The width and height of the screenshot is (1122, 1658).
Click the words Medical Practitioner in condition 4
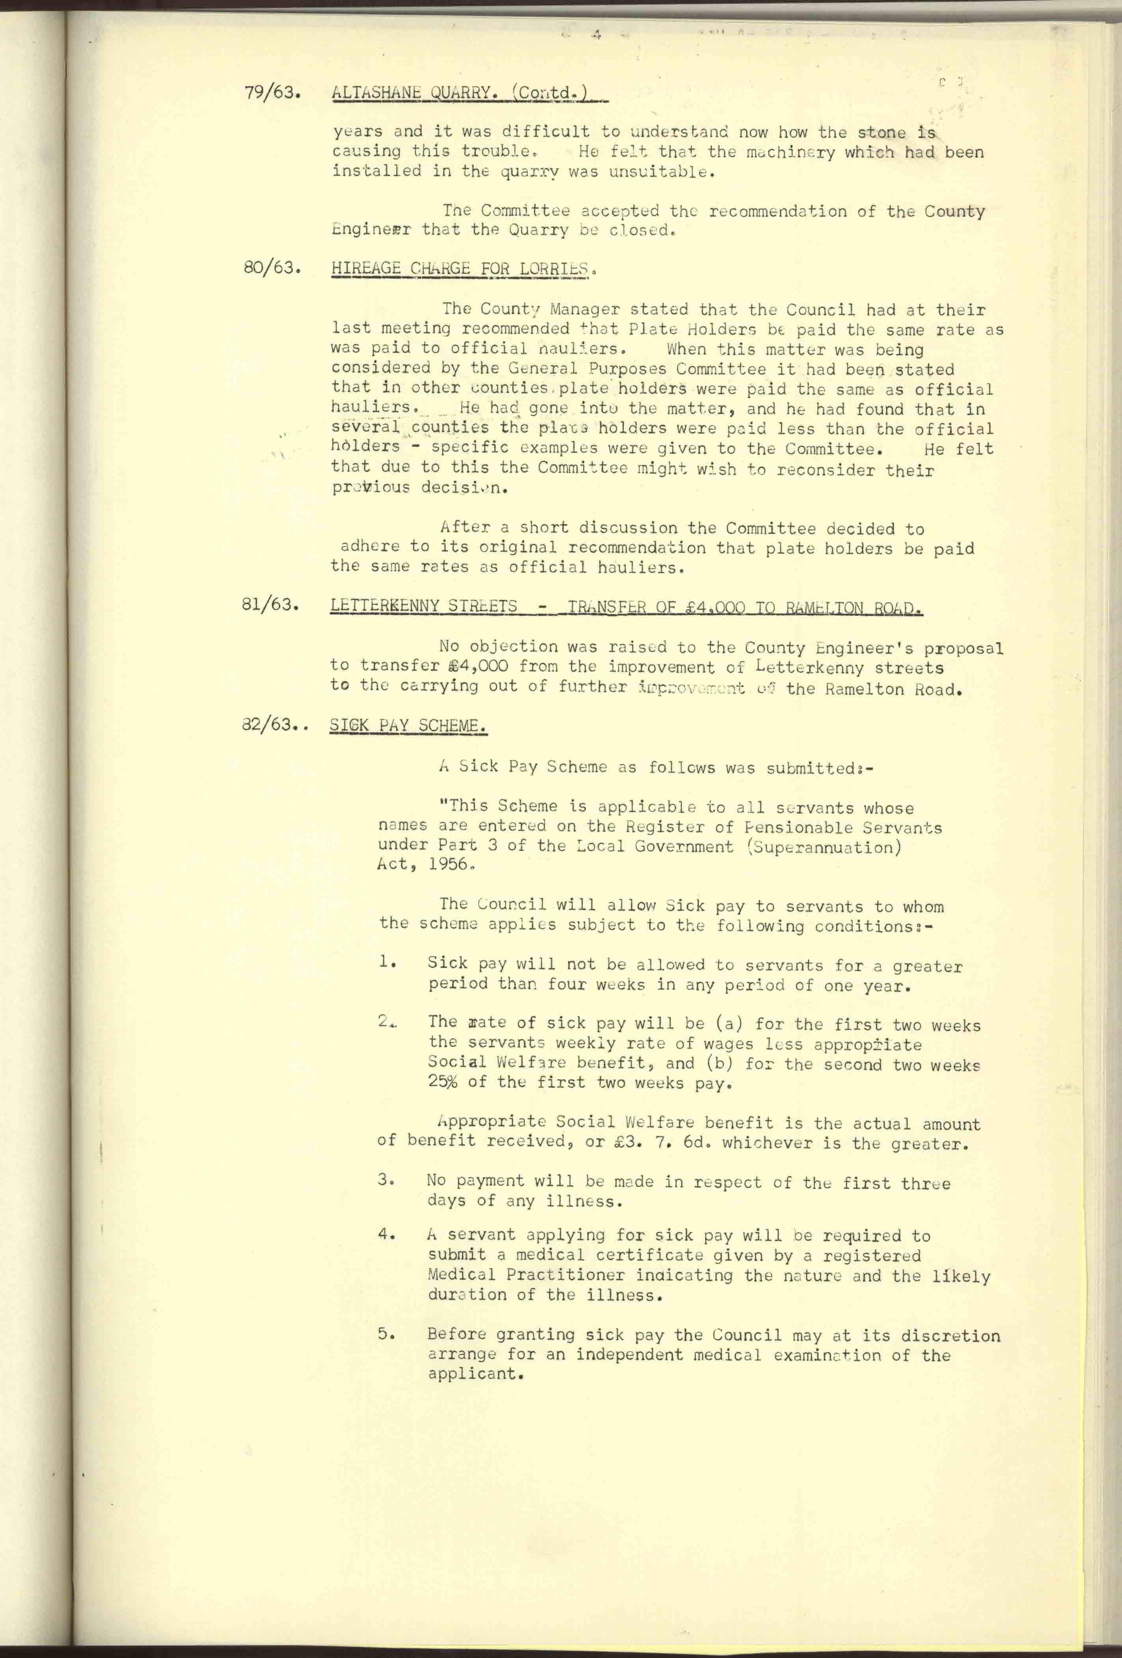click(x=526, y=1274)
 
